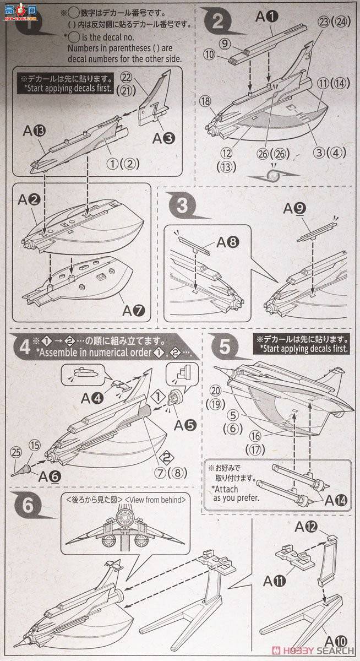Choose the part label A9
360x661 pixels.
click(x=296, y=209)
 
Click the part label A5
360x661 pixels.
click(x=183, y=424)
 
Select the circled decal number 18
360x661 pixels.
click(x=205, y=101)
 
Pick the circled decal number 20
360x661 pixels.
click(x=216, y=389)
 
